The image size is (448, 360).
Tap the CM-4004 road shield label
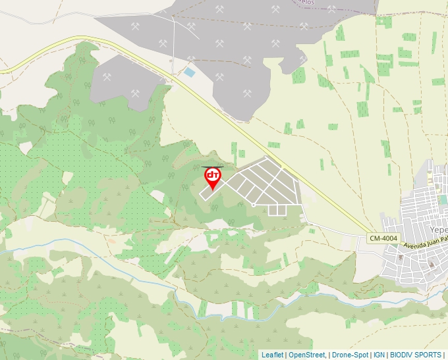[x=383, y=238]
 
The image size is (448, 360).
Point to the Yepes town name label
[x=438, y=230]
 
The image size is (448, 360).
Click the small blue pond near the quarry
[x=190, y=72]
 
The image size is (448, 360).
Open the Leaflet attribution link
[x=272, y=355]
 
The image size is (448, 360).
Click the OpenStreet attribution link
[x=306, y=355]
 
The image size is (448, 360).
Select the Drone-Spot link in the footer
[x=350, y=355]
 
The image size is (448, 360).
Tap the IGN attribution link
[x=379, y=355]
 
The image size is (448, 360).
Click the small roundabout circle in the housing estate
[x=253, y=205]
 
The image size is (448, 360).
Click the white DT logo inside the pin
[x=213, y=175]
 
